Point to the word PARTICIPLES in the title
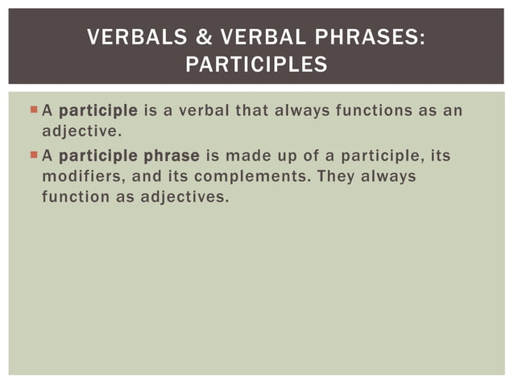coord(256,64)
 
